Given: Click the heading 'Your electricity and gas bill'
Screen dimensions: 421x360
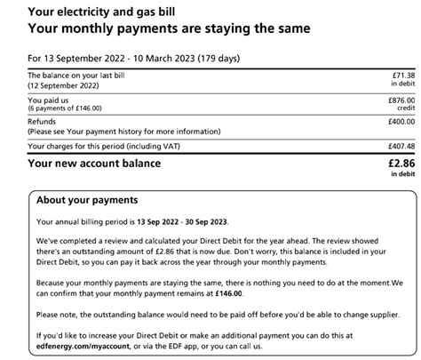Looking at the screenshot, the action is coord(98,12).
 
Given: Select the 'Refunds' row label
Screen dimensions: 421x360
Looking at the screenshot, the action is coord(43,123).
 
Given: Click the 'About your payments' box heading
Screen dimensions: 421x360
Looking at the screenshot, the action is coord(89,198).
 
